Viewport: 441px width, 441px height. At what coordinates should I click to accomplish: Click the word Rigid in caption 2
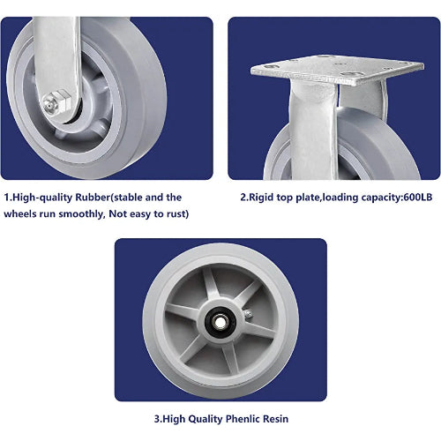coord(264,198)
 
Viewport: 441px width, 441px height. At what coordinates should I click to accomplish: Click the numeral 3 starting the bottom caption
coord(155,418)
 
